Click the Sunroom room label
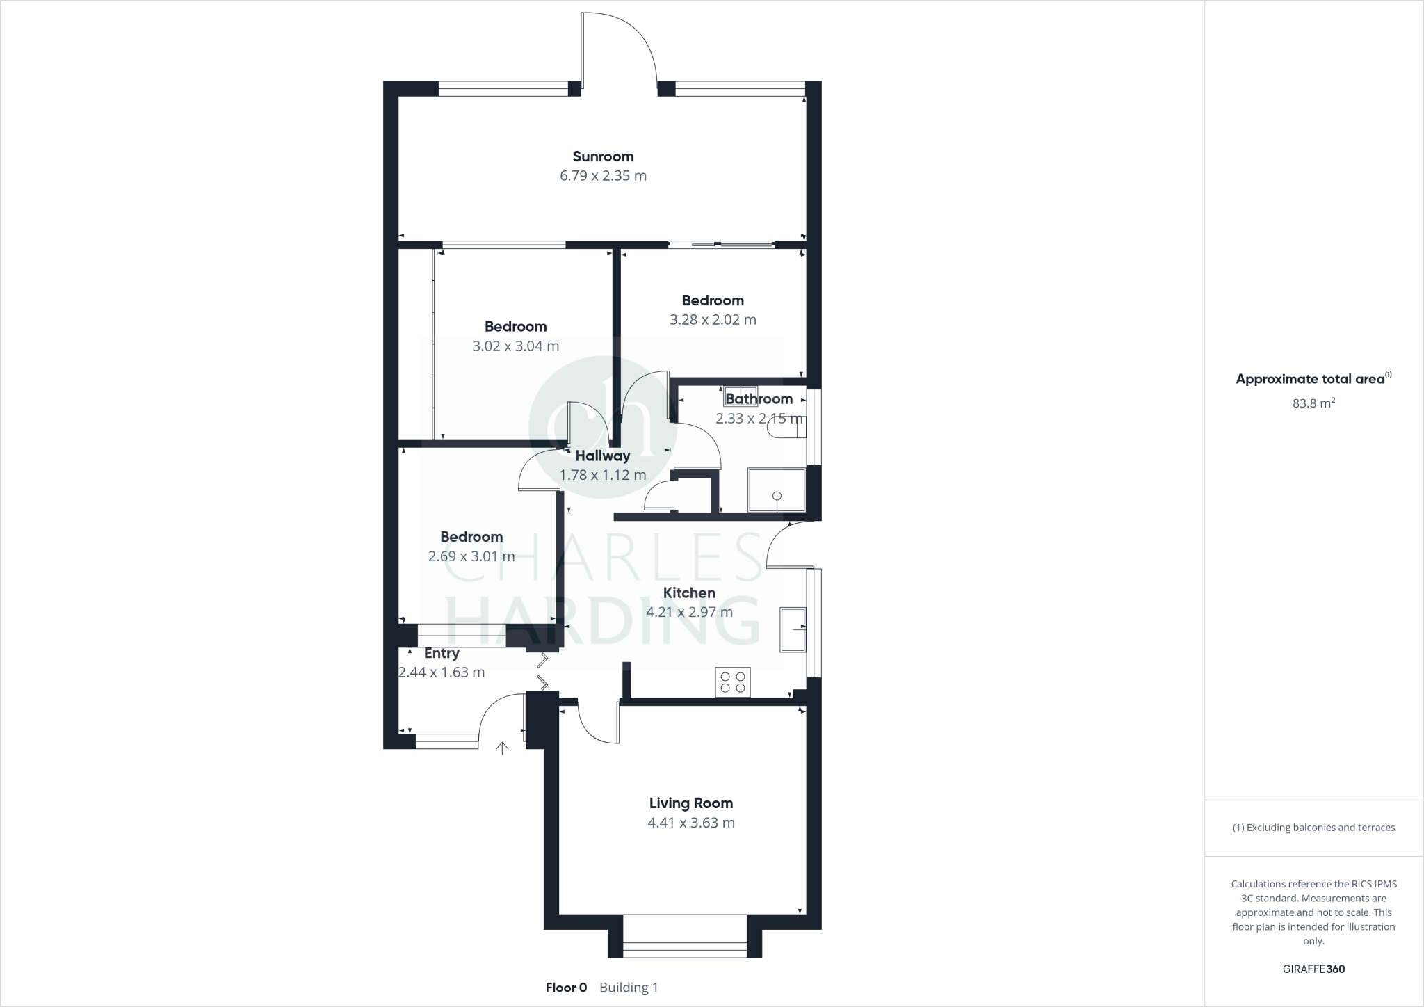[603, 156]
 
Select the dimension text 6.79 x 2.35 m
[603, 176]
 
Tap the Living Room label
[690, 803]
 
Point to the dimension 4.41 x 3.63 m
[690, 823]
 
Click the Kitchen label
[689, 593]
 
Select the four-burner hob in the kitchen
[733, 682]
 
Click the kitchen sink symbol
[793, 629]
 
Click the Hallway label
[602, 456]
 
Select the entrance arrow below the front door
[501, 748]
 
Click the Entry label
[442, 654]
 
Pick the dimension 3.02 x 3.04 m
[515, 346]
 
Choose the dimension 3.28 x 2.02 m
[713, 320]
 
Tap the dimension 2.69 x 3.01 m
[471, 556]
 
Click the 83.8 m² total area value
[1313, 403]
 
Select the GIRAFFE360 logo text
[1313, 969]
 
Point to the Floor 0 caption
[566, 988]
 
